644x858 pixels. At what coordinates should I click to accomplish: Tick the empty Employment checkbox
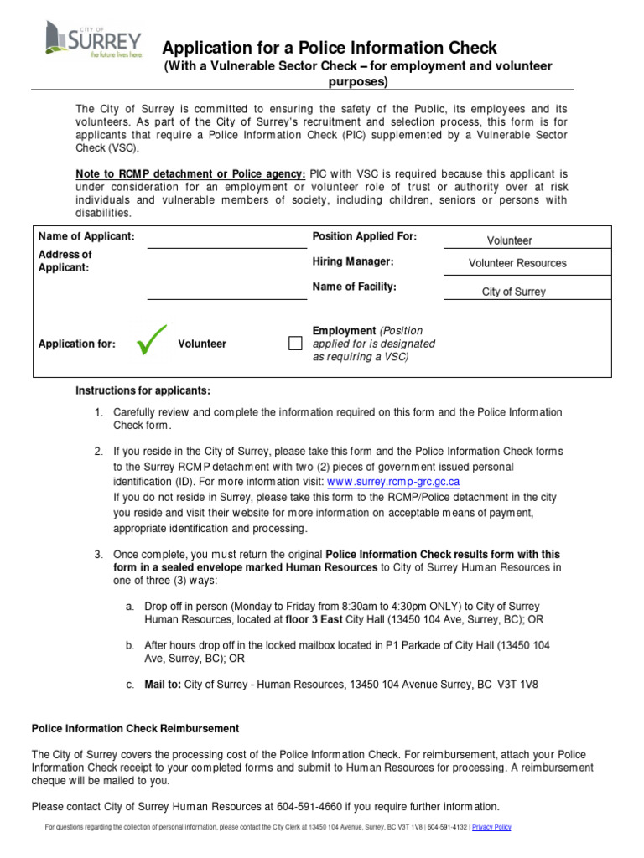[295, 344]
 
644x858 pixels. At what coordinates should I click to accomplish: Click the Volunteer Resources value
[517, 263]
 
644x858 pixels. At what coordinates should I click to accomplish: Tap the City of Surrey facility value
[513, 292]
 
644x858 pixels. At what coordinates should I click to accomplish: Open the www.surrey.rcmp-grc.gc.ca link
[392, 483]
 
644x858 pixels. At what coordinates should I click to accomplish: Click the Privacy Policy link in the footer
[491, 827]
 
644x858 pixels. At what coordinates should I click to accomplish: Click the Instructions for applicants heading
[143, 391]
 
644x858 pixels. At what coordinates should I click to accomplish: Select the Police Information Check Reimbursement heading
[135, 728]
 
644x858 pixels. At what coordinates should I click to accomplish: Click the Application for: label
[77, 344]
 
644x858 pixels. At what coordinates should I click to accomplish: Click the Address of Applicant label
[65, 261]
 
